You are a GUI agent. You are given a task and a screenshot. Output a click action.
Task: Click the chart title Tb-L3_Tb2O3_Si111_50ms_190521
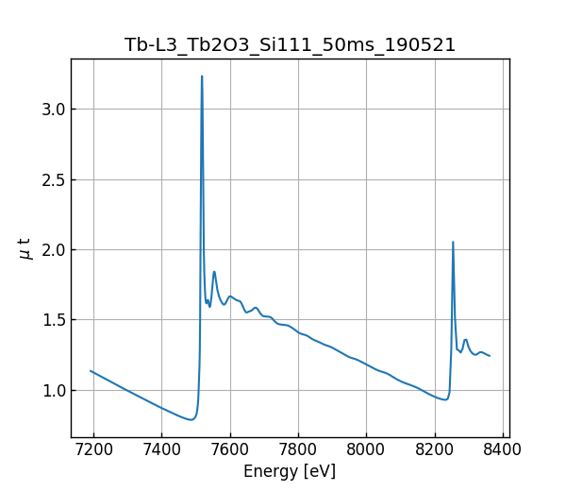point(290,44)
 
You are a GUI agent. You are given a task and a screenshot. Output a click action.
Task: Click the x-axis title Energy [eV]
point(290,471)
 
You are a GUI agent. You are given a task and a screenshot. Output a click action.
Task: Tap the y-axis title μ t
point(25,248)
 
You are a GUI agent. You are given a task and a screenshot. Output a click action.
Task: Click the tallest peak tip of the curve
point(202,76)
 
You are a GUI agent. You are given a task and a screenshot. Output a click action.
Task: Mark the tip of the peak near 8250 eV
point(453,242)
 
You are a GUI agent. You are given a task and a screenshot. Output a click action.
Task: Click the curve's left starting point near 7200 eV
point(91,371)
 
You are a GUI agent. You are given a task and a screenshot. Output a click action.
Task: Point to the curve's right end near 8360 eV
point(490,356)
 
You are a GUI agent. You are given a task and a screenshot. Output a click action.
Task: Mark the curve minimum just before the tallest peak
point(191,419)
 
